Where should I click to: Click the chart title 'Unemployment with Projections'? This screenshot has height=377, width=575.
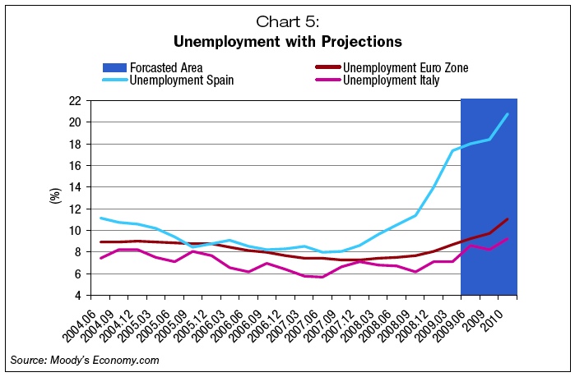286,40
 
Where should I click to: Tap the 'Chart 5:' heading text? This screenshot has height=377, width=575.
286,21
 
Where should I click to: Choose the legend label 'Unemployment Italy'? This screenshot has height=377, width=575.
392,80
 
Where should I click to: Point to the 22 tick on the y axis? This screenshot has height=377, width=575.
74,101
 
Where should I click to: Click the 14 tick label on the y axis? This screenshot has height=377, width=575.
74,187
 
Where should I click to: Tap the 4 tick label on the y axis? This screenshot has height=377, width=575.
77,295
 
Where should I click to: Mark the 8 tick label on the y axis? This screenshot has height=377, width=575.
77,252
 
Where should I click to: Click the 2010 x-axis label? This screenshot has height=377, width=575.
495,316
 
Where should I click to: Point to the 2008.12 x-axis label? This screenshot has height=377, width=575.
415,322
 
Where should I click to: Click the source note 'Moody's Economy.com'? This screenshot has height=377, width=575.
84,360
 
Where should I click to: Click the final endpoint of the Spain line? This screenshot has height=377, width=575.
508,113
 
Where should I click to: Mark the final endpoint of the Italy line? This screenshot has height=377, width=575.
508,238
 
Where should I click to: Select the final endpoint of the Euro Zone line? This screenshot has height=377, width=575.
508,218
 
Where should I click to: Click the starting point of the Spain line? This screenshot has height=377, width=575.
100,218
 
